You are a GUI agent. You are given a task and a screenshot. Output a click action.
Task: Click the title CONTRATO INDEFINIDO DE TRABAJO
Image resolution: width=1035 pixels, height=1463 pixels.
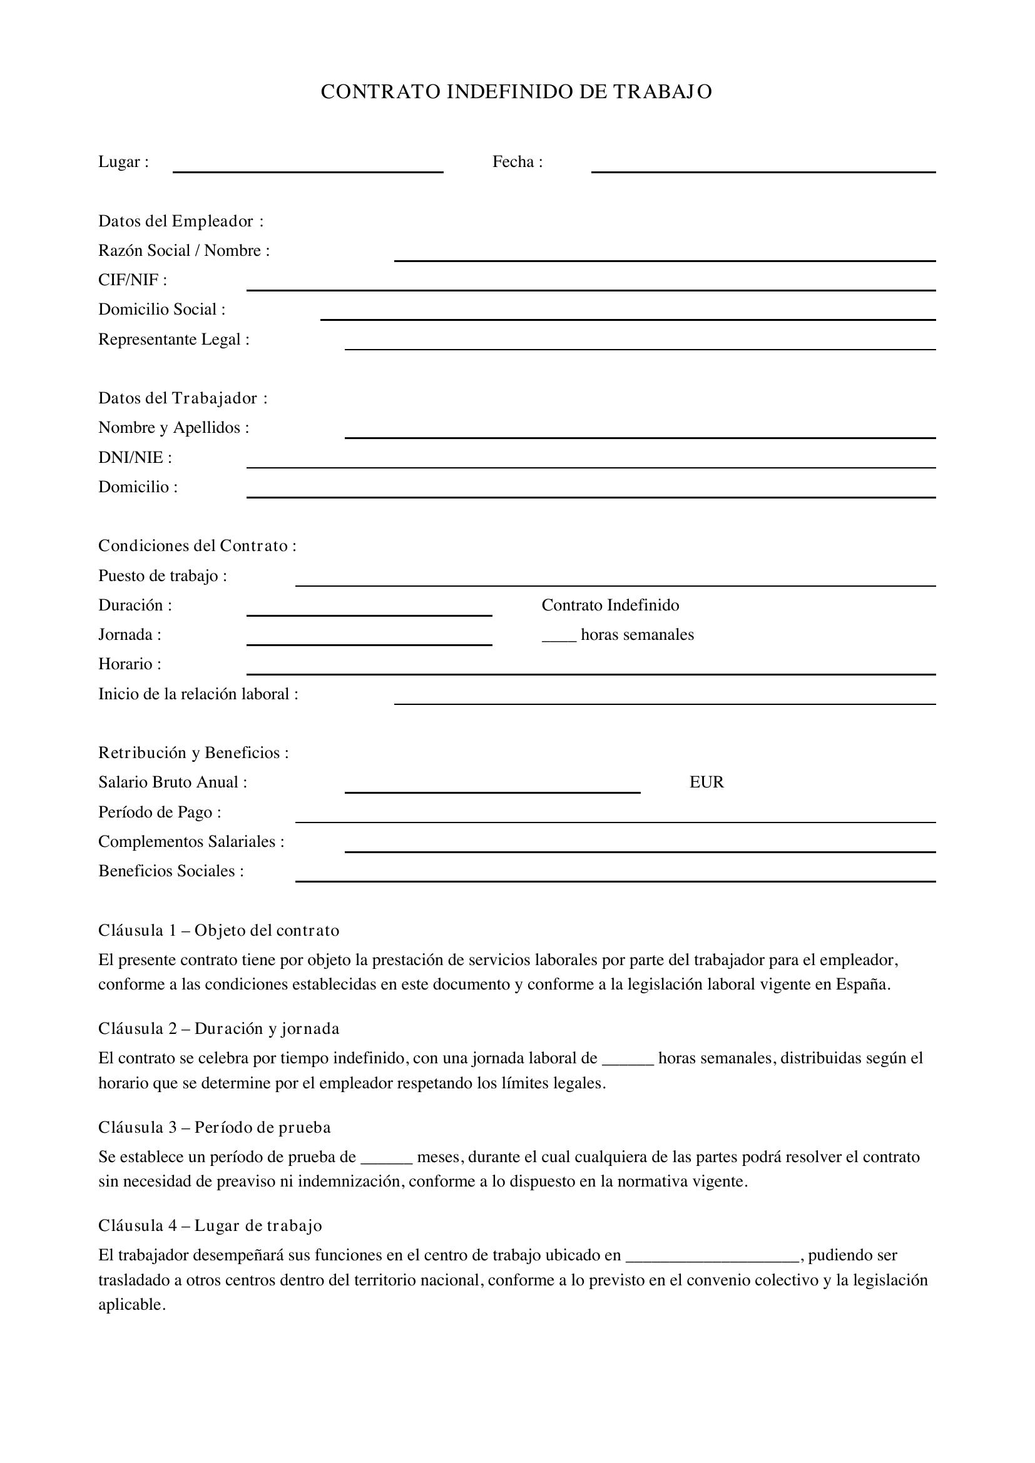(x=516, y=92)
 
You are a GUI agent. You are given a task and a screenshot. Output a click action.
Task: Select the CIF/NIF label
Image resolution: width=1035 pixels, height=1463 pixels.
(x=133, y=280)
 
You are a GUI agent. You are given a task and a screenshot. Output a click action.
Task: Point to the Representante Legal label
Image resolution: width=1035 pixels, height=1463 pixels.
(x=173, y=340)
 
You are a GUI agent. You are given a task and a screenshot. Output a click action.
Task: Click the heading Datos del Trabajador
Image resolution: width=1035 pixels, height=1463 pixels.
(x=182, y=398)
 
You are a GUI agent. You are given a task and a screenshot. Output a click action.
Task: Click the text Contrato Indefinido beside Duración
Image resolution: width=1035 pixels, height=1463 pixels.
(x=610, y=605)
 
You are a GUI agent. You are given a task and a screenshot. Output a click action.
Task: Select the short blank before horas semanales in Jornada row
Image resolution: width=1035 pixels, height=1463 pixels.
(x=559, y=639)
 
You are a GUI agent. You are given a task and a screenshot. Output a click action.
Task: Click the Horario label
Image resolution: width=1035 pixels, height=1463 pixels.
(x=130, y=665)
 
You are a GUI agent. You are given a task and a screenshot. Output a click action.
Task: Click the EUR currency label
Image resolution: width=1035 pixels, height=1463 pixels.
(x=706, y=782)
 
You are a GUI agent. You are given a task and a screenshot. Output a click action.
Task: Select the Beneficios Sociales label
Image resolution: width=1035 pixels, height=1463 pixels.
(x=171, y=871)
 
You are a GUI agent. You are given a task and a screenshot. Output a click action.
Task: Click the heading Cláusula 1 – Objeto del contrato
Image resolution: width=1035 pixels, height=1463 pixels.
(x=218, y=931)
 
